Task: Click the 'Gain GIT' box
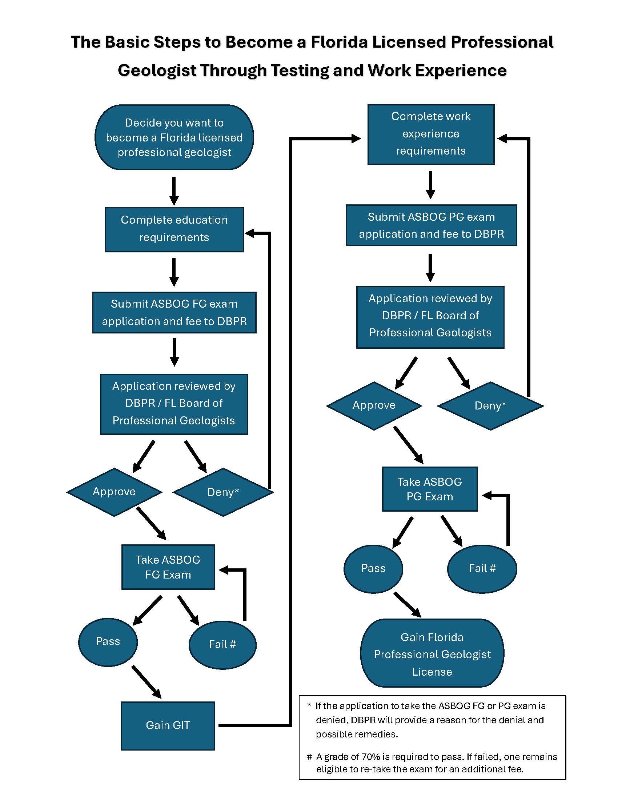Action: pos(168,726)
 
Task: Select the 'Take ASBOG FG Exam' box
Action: pos(168,567)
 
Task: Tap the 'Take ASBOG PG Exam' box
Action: pos(430,489)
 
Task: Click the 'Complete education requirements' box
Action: pos(174,229)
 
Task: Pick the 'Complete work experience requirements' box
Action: pos(431,134)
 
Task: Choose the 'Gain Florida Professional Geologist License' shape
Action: pos(432,654)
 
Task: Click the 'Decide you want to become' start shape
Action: pos(174,137)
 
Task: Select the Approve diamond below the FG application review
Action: pos(114,492)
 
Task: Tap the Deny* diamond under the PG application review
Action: pos(490,405)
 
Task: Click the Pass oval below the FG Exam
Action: pos(108,641)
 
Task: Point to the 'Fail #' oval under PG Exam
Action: pos(482,568)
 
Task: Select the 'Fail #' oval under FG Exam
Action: pos(222,644)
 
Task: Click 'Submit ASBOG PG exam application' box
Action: pos(431,225)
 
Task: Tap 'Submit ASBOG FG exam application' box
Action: pos(174,312)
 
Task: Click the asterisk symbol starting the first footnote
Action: pos(309,705)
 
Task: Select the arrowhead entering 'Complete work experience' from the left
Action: pos(356,139)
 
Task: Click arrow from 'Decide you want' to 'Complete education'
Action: pos(174,191)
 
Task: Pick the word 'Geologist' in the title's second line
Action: pos(157,70)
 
